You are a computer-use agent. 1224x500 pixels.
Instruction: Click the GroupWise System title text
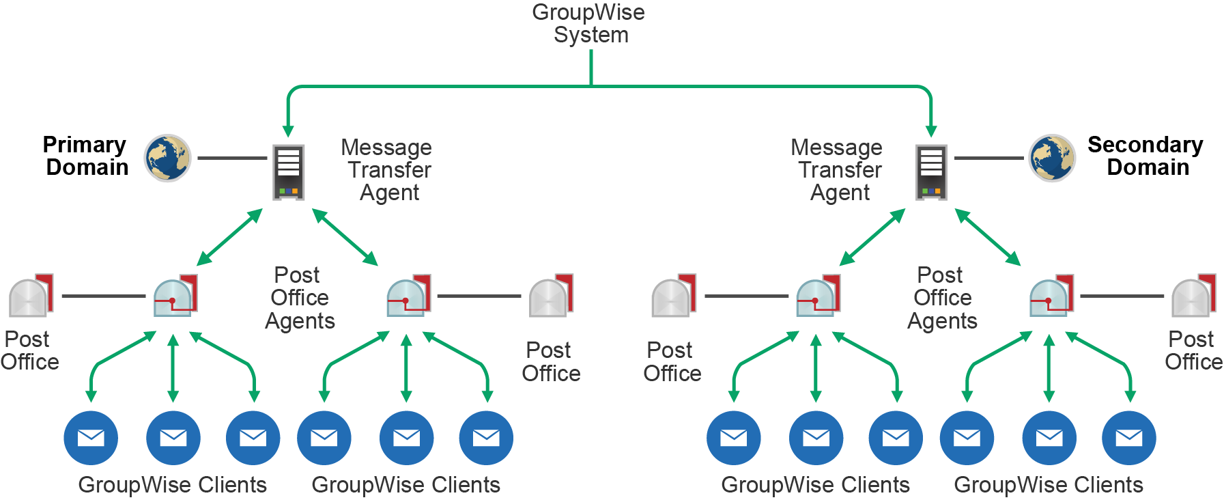tap(588, 23)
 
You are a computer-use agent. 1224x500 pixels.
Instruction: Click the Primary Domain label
tap(85, 156)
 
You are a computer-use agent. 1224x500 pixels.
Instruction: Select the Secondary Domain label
tap(1145, 156)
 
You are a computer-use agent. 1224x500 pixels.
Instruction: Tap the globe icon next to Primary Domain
tap(167, 158)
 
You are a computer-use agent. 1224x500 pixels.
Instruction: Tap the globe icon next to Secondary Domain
tap(1052, 158)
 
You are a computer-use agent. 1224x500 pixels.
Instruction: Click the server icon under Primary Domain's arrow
tap(288, 171)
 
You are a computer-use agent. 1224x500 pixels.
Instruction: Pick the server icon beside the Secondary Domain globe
tap(931, 171)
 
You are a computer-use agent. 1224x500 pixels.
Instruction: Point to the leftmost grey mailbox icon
tap(30, 296)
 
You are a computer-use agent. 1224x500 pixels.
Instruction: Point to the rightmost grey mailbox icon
tap(1193, 296)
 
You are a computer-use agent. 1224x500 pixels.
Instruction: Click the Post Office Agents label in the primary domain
tap(299, 298)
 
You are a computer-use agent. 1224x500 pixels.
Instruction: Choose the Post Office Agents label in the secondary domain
tap(942, 298)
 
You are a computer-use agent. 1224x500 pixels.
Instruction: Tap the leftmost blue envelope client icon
tap(91, 438)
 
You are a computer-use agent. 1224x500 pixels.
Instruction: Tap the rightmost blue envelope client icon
tap(1129, 438)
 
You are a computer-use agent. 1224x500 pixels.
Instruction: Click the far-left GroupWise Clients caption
tap(172, 484)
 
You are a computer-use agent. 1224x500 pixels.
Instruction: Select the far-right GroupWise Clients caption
tap(1048, 484)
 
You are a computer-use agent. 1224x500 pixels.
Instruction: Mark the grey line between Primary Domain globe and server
tap(232, 158)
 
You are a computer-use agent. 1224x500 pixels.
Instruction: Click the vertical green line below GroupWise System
tap(590, 67)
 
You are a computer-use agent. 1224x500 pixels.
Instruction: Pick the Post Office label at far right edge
tap(1193, 350)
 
